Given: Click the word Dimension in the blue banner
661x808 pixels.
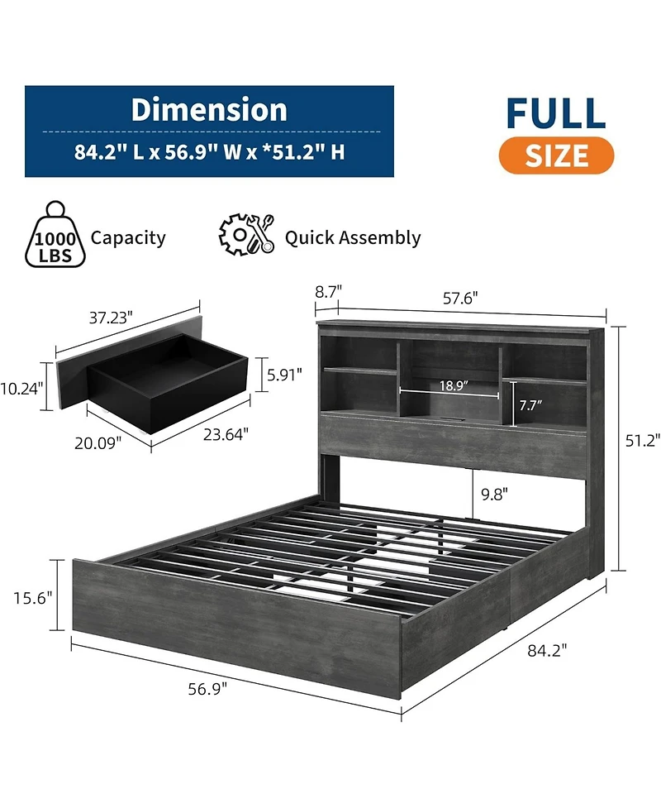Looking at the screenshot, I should click(x=209, y=110).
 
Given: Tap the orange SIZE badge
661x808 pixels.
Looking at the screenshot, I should click(x=556, y=155).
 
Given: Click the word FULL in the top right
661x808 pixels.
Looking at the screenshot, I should click(x=556, y=113).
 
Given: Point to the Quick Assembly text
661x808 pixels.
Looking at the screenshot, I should click(x=353, y=238).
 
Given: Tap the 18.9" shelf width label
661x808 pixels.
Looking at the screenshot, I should click(x=454, y=385).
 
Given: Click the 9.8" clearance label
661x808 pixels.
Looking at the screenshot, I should click(x=495, y=494).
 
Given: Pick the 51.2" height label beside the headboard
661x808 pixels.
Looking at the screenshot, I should click(x=643, y=442).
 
